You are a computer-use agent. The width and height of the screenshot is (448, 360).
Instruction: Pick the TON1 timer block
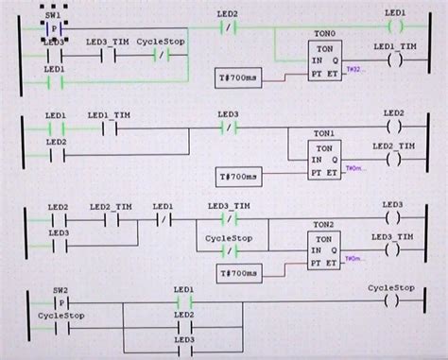point(324,158)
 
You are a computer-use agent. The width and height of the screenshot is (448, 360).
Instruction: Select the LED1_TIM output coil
point(395,60)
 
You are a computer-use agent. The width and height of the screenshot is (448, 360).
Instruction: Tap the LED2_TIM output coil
point(395,157)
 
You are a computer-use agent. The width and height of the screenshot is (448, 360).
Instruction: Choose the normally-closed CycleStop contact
point(161,56)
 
